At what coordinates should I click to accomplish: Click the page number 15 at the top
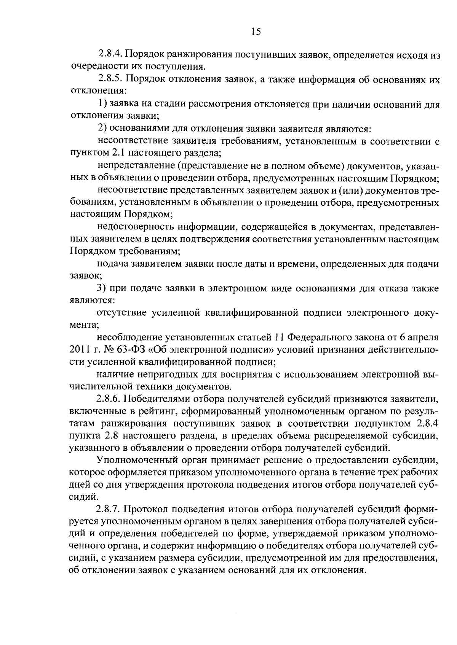coord(256,32)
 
